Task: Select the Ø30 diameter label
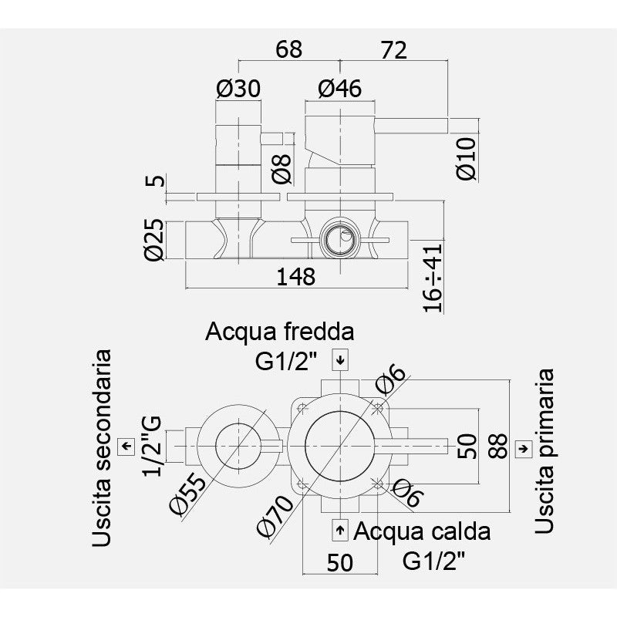click(238, 89)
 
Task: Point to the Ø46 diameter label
click(339, 89)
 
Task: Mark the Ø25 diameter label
click(155, 241)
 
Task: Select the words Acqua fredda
click(280, 332)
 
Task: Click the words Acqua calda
click(422, 531)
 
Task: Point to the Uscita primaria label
click(545, 451)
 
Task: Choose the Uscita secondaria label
click(101, 448)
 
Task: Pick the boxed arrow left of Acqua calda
click(339, 531)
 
